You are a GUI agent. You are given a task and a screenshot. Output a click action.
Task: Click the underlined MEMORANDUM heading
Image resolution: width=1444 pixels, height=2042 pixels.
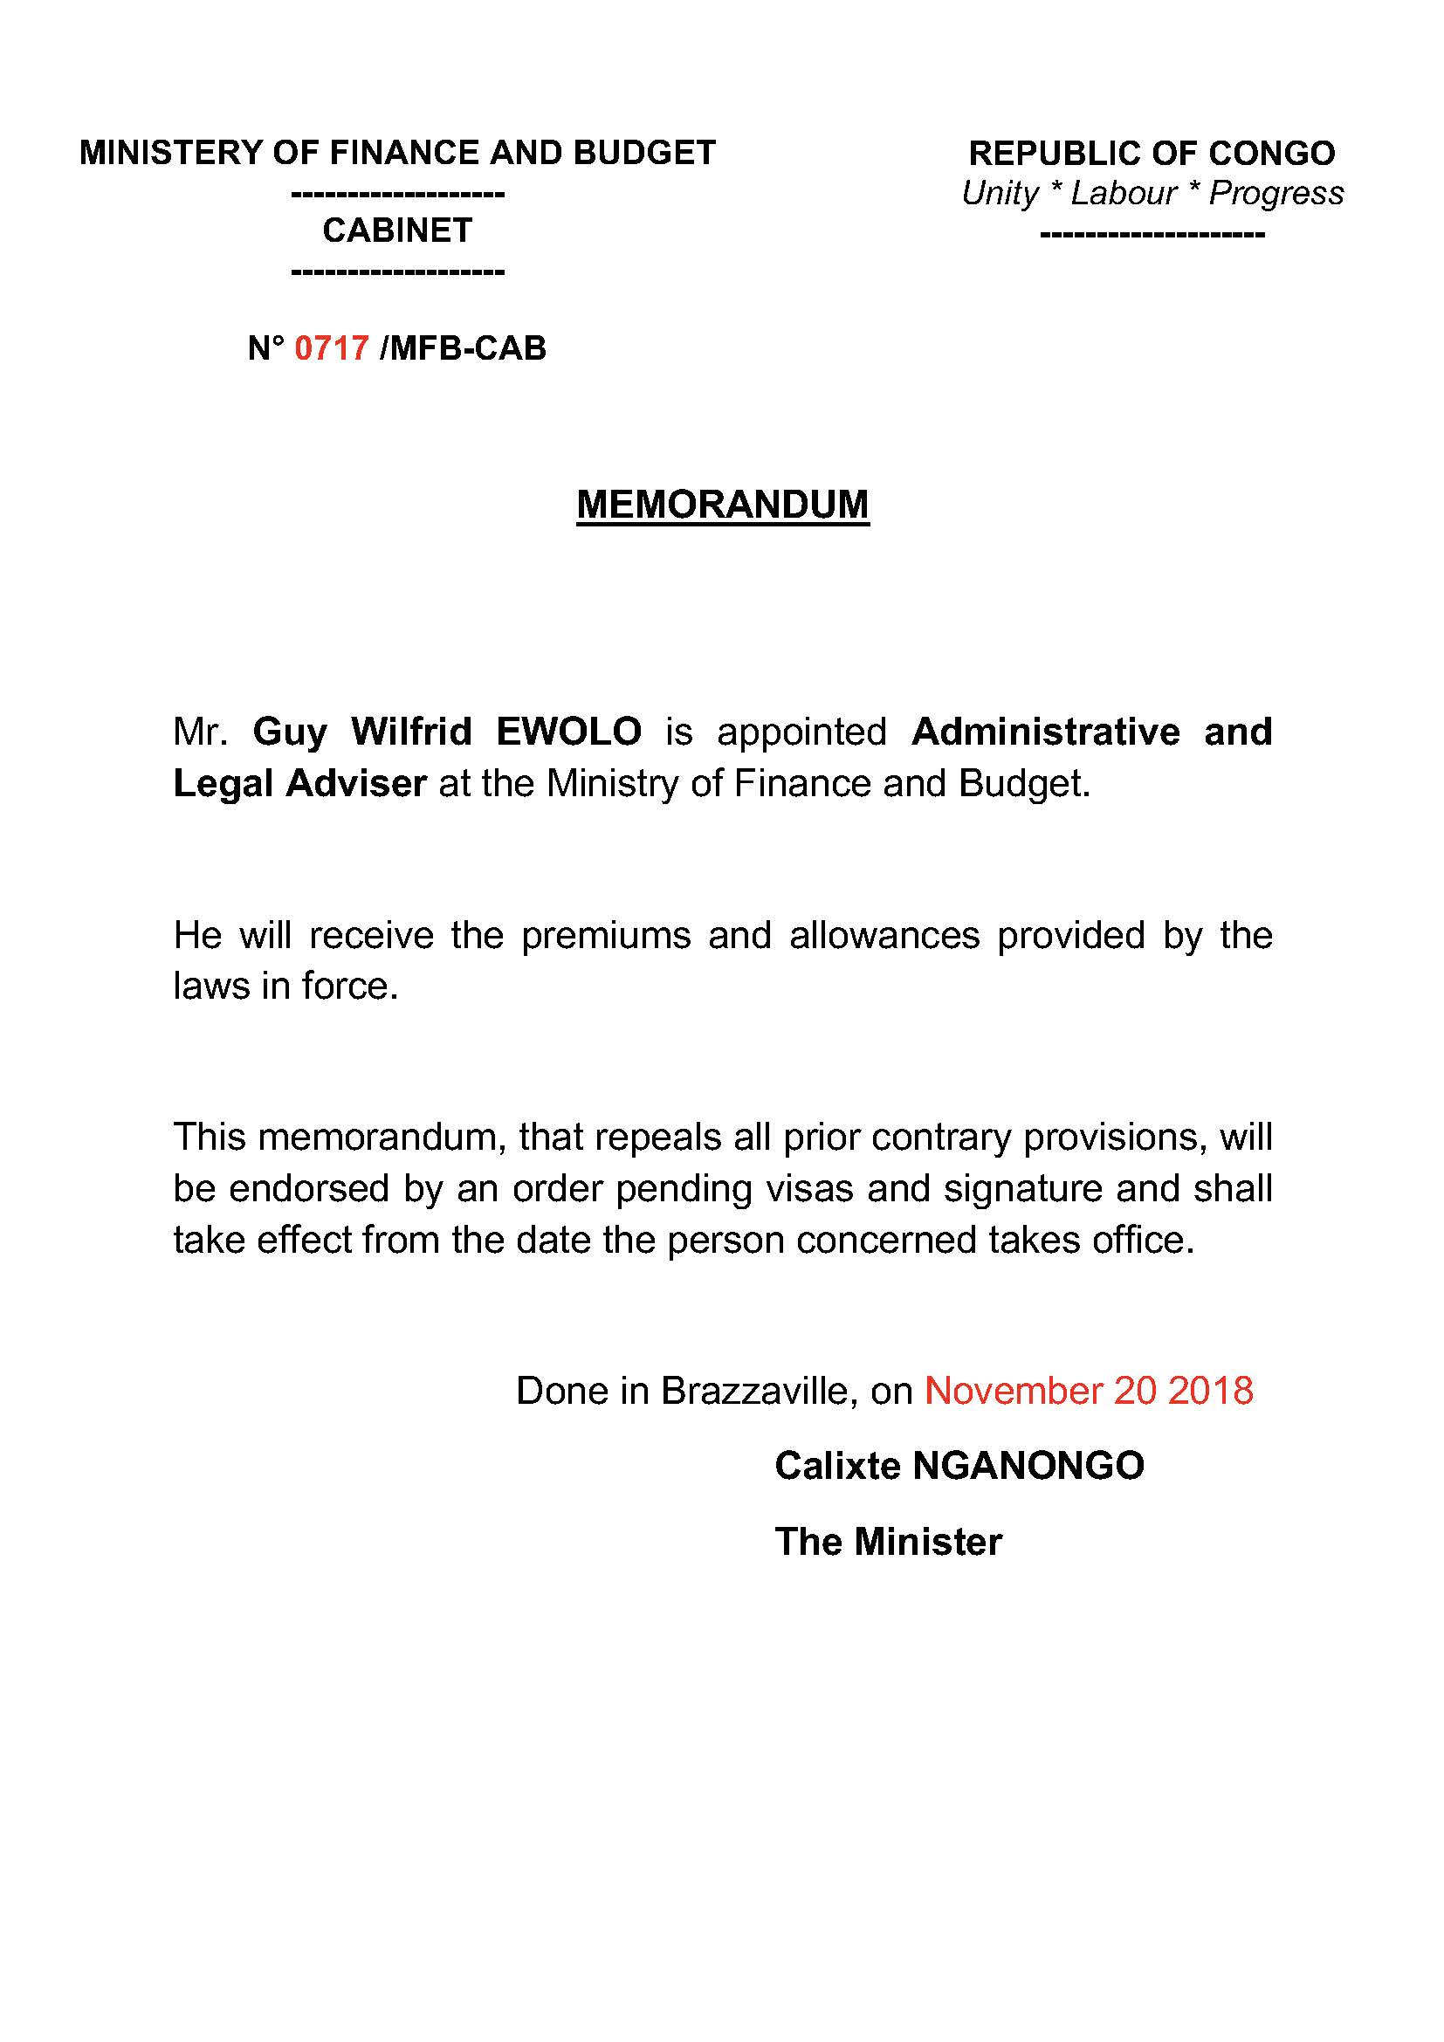[722, 505]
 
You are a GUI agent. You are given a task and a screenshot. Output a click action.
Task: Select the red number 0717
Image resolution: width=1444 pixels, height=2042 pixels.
[331, 347]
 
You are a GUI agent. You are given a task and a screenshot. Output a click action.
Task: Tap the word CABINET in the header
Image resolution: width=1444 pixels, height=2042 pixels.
[396, 230]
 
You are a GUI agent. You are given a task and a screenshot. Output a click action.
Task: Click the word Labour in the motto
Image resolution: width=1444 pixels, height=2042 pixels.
[1123, 193]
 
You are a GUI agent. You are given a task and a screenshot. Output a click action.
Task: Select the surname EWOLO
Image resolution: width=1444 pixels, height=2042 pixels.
[568, 732]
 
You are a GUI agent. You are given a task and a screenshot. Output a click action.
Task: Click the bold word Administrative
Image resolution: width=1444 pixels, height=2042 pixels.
[1046, 732]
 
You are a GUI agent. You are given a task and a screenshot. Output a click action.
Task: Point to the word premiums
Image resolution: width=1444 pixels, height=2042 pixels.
[606, 936]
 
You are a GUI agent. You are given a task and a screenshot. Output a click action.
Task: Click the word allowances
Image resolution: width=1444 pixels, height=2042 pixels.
[884, 936]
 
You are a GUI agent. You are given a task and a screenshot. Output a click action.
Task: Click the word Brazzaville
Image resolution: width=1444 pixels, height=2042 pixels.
[759, 1391]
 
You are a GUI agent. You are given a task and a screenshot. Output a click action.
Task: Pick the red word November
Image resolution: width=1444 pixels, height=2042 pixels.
[1013, 1391]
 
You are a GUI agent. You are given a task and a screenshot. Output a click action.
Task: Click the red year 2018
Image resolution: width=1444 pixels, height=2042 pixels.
[1210, 1391]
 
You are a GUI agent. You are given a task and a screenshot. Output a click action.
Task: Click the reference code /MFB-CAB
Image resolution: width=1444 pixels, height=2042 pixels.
[463, 347]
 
